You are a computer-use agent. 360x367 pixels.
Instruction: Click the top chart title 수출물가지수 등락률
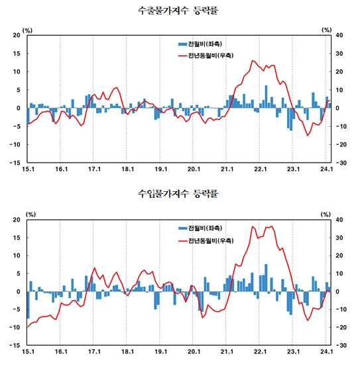(180, 11)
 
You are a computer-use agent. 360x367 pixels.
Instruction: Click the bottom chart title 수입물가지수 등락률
(180, 194)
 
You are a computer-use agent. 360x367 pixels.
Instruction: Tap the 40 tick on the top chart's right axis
(337, 35)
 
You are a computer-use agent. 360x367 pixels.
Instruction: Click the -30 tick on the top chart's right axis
(337, 162)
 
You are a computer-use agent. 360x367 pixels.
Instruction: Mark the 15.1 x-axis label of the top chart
(27, 169)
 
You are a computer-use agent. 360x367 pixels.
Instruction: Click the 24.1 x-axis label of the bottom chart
(326, 353)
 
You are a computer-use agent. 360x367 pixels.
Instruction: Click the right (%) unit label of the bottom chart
(326, 214)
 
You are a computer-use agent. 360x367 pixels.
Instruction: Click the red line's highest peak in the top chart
(253, 61)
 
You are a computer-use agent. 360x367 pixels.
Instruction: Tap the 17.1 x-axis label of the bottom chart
(94, 353)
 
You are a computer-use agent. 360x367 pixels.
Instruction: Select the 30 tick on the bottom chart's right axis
(337, 238)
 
